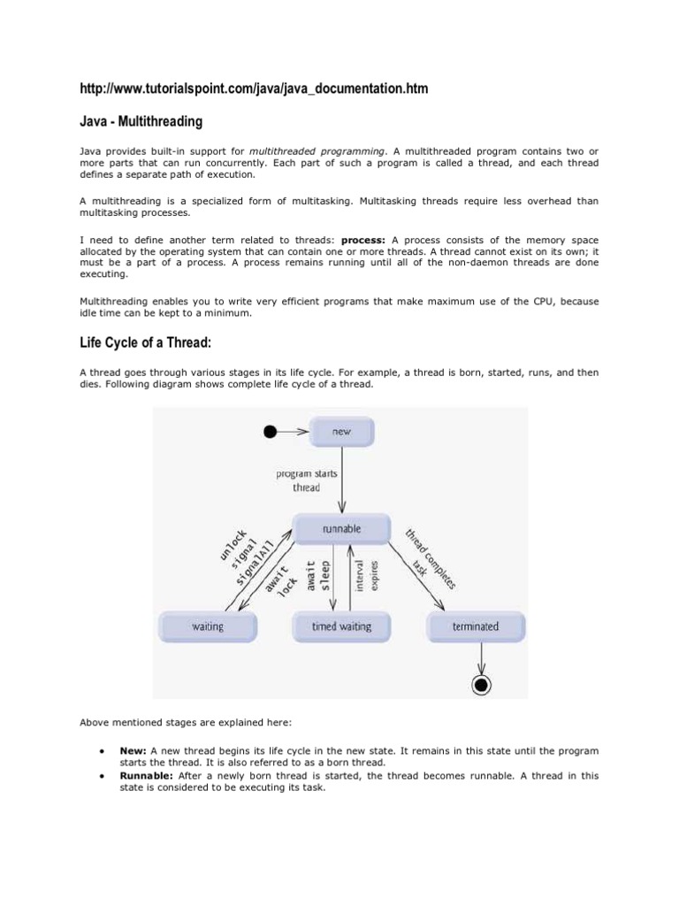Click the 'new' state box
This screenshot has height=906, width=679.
pos(341,432)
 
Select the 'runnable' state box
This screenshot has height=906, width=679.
pos(341,529)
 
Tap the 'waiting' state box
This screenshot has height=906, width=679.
pos(208,626)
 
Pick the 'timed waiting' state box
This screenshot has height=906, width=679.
pos(341,626)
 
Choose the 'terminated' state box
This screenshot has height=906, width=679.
pos(476,626)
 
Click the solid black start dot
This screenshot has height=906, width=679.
pos(271,432)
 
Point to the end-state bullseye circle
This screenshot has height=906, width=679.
pos(482,683)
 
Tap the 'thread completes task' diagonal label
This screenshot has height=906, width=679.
pos(431,561)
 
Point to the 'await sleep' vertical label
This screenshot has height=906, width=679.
pos(317,576)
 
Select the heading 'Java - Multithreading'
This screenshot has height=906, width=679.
pos(141,120)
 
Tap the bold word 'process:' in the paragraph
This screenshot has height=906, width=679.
pos(363,240)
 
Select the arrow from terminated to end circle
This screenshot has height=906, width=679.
pos(482,656)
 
